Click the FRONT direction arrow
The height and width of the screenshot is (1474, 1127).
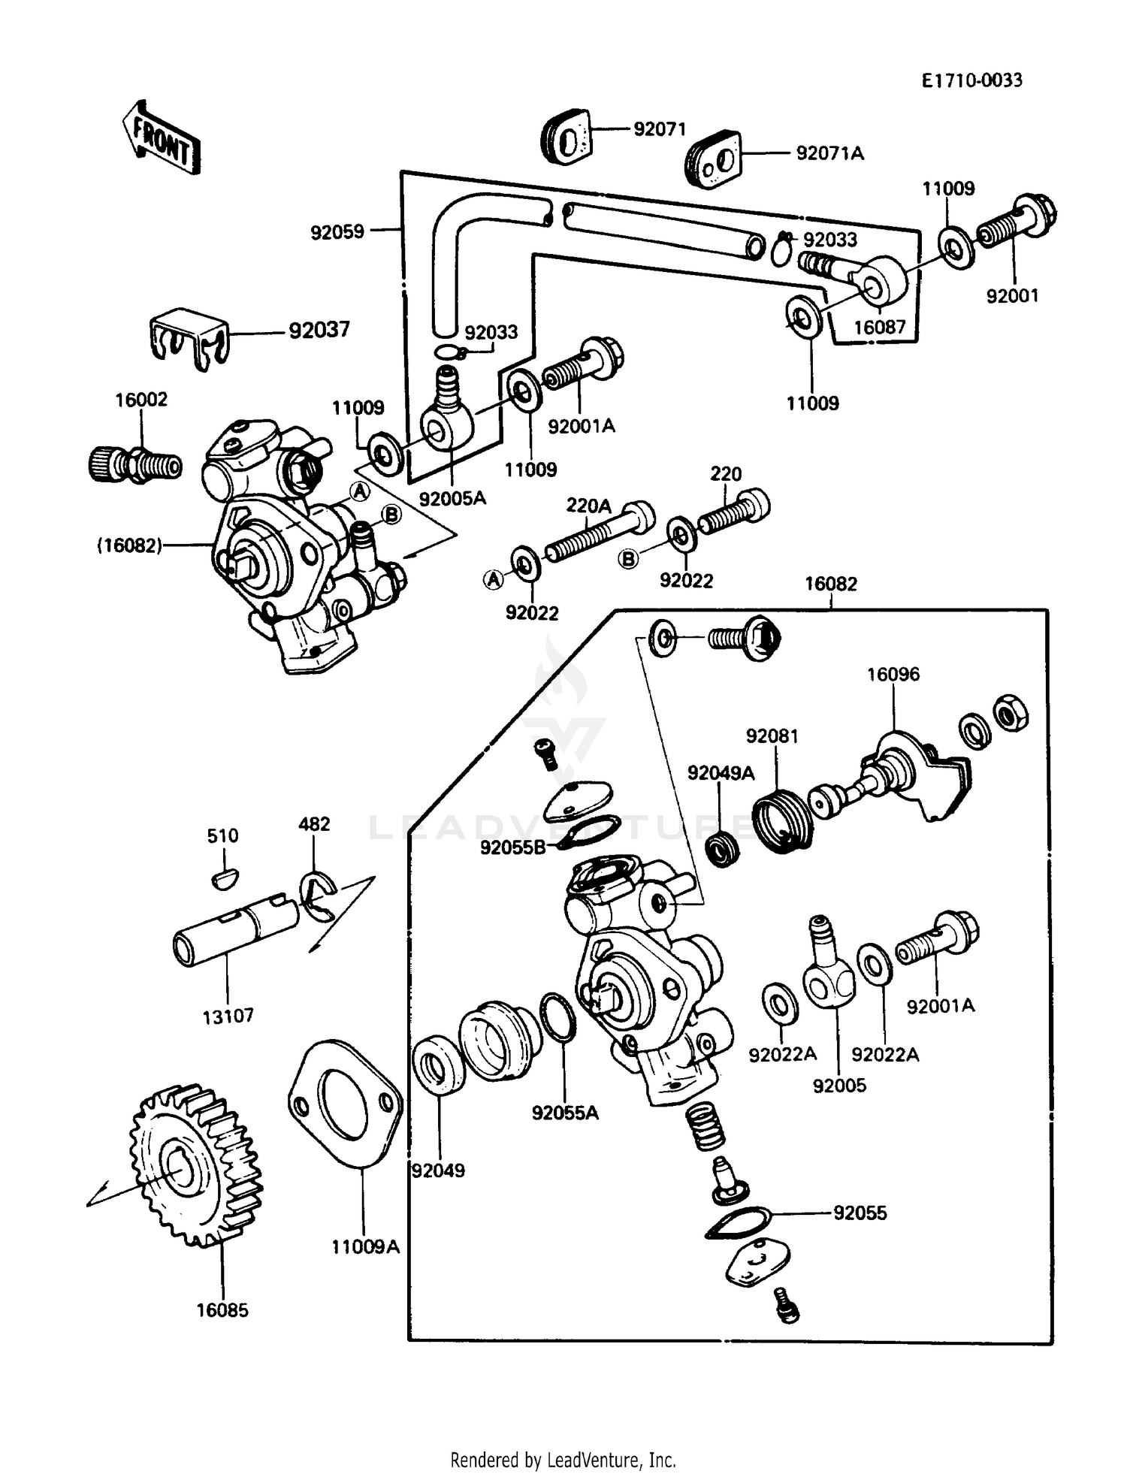[x=160, y=138]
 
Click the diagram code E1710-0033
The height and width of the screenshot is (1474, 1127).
[x=971, y=80]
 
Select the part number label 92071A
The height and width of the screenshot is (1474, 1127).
[x=829, y=153]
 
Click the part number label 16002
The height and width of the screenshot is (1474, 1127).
[x=141, y=400]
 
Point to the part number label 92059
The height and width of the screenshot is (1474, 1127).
[x=337, y=232]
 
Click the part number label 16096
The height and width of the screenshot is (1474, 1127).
[x=893, y=675]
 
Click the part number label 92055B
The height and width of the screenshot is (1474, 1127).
[x=512, y=848]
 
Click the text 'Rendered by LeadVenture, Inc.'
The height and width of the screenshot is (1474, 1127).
[x=563, y=1460]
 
